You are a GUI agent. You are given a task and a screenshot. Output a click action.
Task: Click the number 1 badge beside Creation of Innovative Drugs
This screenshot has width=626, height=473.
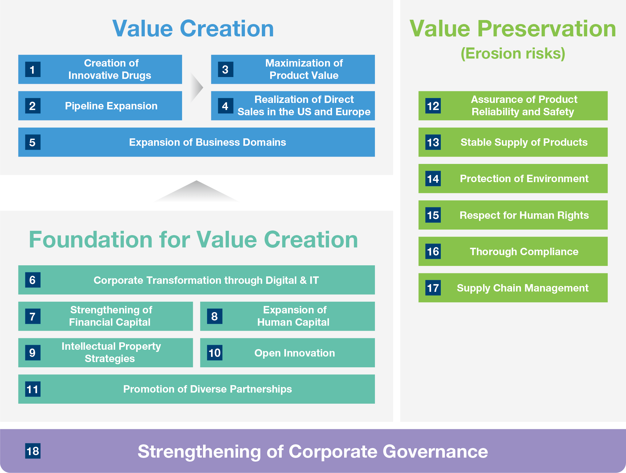(x=33, y=69)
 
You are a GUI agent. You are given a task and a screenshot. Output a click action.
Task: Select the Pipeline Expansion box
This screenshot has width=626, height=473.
(x=100, y=106)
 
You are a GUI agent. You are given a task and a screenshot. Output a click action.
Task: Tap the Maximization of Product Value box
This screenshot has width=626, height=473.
(x=293, y=69)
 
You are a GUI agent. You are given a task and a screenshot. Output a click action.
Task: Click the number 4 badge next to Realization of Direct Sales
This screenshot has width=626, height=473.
(x=226, y=106)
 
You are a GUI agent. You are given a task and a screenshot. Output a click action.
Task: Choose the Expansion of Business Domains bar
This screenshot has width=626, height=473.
(x=197, y=142)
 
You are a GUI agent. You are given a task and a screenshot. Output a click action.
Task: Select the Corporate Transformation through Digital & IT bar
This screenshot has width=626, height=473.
(x=197, y=280)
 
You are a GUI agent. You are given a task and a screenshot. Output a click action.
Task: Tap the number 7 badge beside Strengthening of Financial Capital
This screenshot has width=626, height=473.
(x=33, y=316)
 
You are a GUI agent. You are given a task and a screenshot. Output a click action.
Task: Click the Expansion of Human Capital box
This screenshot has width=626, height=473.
(x=287, y=316)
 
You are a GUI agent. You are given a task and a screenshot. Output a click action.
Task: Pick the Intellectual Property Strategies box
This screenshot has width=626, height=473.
(x=105, y=353)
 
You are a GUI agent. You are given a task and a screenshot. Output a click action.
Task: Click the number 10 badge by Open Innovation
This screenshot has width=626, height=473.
(x=215, y=353)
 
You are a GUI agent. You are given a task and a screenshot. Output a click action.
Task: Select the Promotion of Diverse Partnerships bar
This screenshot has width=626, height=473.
(x=197, y=389)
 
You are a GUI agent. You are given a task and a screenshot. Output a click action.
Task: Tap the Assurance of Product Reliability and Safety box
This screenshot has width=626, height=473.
(x=513, y=106)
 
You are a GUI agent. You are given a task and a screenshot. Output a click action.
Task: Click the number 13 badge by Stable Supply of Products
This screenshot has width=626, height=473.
(x=433, y=142)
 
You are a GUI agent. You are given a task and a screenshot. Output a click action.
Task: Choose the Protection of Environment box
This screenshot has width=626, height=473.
(x=513, y=178)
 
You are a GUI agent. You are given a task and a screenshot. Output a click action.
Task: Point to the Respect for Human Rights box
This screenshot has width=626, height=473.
(x=513, y=215)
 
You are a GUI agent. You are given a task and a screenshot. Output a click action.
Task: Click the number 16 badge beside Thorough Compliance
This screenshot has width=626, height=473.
(x=433, y=251)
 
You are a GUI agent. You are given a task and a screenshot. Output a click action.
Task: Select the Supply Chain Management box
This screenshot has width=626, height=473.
(x=513, y=287)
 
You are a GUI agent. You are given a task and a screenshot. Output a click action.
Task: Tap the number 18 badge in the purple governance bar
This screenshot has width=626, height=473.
(x=33, y=451)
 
